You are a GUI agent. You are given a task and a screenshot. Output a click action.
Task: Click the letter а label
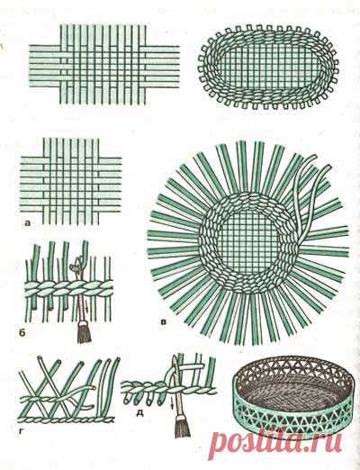28,223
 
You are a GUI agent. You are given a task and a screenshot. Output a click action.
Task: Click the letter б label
28,333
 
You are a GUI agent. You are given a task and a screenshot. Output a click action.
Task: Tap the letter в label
164,323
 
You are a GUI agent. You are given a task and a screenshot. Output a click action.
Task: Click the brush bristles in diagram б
84,332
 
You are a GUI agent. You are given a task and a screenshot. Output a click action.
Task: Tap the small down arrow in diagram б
87,307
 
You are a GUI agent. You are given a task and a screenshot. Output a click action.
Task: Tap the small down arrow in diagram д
172,405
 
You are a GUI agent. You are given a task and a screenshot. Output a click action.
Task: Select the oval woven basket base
268,67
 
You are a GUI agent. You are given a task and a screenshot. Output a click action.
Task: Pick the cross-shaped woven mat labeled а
71,181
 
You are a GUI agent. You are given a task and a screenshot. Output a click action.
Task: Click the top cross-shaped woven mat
104,65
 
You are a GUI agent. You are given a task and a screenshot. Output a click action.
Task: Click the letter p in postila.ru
220,444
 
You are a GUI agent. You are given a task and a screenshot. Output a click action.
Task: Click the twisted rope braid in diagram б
68,289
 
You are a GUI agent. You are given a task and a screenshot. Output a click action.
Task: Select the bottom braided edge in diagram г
67,420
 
